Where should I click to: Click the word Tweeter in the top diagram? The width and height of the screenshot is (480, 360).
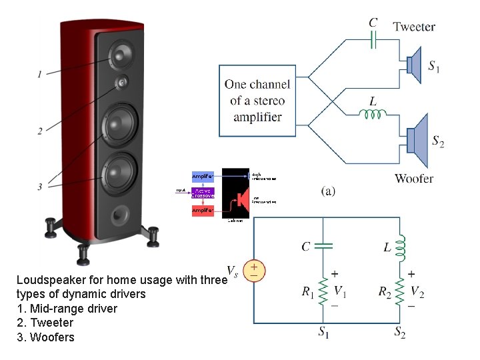[x=414, y=27]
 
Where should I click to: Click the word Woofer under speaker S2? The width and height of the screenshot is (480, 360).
[x=413, y=178]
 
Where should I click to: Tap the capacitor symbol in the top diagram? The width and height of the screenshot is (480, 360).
[x=373, y=41]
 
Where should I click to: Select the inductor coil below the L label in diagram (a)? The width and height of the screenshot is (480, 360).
[x=373, y=114]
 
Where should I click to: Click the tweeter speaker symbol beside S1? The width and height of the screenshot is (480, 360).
[x=413, y=65]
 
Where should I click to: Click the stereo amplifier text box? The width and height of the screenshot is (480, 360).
[x=257, y=101]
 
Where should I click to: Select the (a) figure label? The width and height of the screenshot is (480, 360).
[x=328, y=191]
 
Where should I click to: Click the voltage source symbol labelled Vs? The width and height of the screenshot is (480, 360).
[x=254, y=270]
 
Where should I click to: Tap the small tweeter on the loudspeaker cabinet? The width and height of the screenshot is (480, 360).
[x=122, y=83]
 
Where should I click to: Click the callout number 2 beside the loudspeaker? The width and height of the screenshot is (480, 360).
[x=40, y=131]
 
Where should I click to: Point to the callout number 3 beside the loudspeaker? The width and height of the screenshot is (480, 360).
[x=40, y=187]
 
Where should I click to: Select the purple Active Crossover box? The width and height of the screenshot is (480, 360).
[x=203, y=193]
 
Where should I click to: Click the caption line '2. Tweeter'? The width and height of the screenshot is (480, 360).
[x=45, y=323]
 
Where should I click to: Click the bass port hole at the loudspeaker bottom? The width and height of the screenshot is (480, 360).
[x=120, y=214]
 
